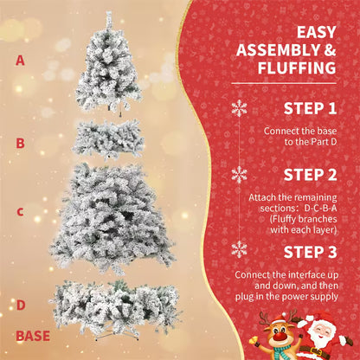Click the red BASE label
pos(32,335)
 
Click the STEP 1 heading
pos(310,109)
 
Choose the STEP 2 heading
pos(310,175)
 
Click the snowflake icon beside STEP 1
pos(239,108)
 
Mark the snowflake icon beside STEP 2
pos(239,174)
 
